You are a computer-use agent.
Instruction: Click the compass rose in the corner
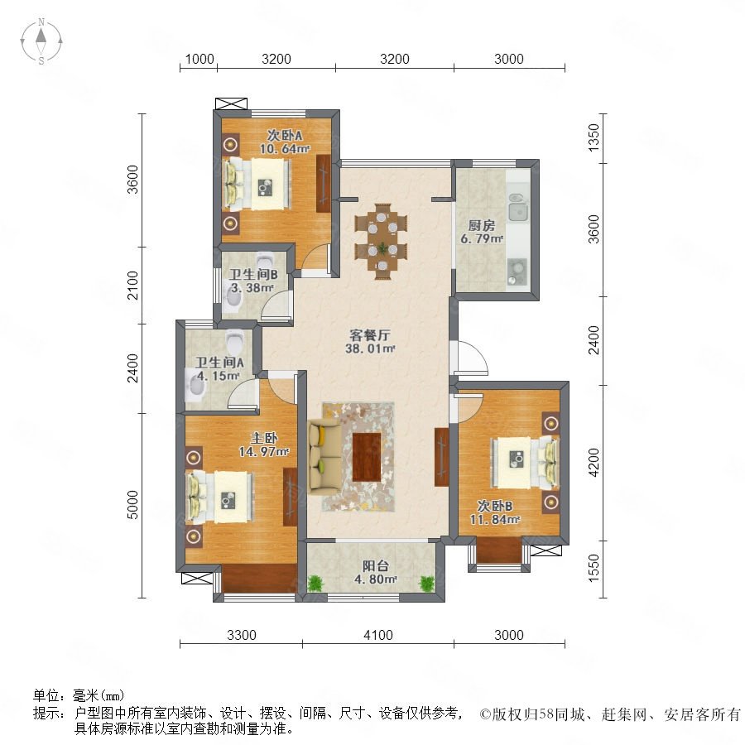point(41,41)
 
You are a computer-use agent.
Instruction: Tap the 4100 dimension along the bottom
point(378,635)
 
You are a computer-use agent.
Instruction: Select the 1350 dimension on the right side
point(594,137)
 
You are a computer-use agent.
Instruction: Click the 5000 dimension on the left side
point(133,505)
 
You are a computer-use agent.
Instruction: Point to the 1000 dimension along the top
point(199,59)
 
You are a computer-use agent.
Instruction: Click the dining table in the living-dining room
point(382,242)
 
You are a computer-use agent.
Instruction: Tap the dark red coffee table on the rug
point(367,457)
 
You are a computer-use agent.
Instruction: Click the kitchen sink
point(518,208)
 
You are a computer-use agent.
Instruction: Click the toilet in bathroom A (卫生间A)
point(234,341)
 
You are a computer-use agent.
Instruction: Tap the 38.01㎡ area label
point(370,348)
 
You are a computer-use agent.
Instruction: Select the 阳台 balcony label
point(375,566)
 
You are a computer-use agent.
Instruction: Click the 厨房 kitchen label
point(481,225)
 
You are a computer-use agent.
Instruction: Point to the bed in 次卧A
point(257,184)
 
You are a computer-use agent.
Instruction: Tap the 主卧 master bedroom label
point(264,438)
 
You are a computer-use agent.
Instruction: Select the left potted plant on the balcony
point(315,583)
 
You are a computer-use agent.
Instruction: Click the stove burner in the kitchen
point(517,267)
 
